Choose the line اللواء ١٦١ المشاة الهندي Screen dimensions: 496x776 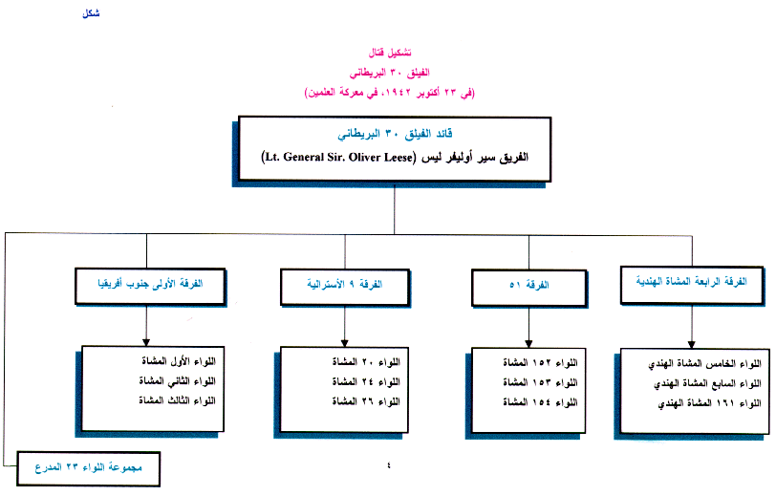(702, 404)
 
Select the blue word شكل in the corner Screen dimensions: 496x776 (87, 13)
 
